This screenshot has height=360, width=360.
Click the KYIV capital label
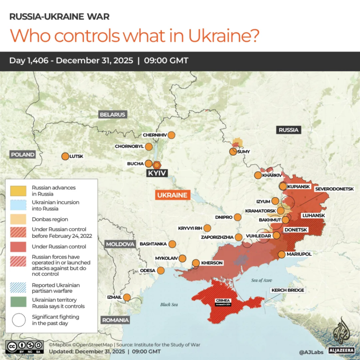(157, 173)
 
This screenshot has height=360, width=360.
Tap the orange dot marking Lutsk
(65, 156)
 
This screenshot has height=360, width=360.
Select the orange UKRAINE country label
(172, 195)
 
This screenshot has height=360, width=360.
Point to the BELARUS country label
(112, 114)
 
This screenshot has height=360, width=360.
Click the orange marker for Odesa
(161, 271)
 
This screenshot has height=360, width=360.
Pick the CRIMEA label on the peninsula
(223, 301)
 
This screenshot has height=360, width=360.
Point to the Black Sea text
(169, 304)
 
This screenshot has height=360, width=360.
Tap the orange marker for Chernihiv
(171, 135)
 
